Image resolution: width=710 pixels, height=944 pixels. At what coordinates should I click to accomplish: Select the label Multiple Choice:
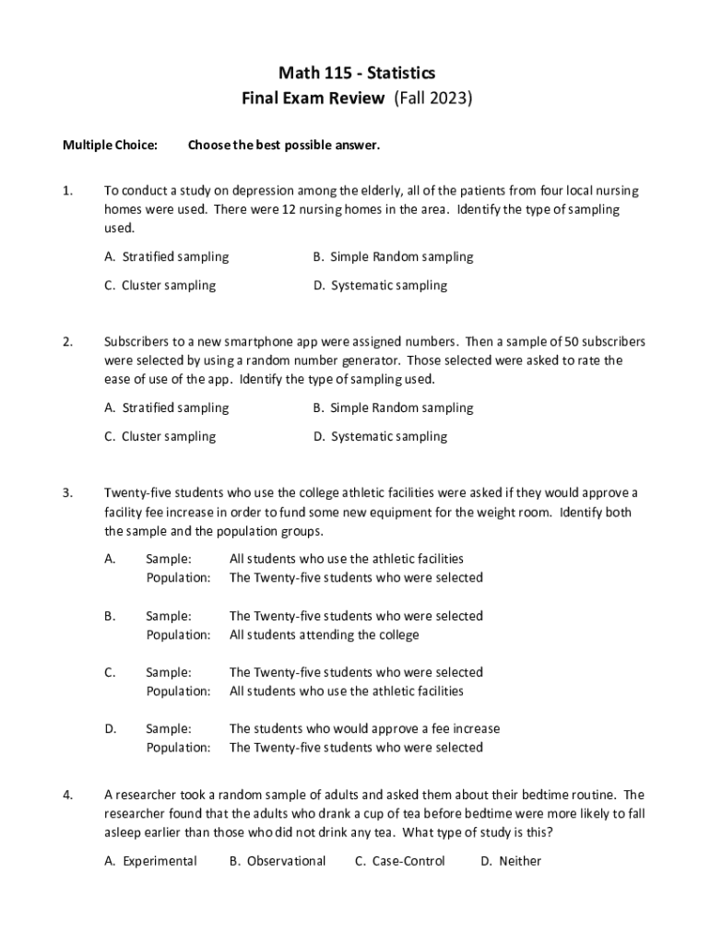click(x=110, y=145)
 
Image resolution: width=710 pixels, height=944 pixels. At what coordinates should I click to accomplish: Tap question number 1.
click(x=66, y=191)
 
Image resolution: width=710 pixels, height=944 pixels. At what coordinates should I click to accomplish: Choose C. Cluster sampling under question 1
click(x=160, y=286)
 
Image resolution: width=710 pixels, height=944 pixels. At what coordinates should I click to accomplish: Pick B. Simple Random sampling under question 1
click(x=393, y=257)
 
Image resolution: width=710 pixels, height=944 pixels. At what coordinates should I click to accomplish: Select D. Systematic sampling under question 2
click(x=380, y=437)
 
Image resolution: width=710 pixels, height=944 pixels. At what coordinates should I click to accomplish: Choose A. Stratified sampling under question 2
click(x=166, y=407)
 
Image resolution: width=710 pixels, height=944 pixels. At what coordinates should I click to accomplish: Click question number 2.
click(x=67, y=342)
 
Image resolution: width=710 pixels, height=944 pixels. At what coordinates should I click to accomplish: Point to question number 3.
click(x=67, y=492)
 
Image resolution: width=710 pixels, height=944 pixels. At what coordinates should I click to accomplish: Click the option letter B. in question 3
click(x=110, y=615)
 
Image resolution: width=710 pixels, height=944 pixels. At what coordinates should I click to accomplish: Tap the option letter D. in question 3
click(x=110, y=728)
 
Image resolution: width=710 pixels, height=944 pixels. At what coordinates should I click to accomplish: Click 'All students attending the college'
click(x=324, y=634)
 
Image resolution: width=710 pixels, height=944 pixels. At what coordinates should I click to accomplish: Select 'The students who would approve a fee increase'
click(x=364, y=728)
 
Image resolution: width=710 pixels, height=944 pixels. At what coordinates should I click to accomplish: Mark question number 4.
click(x=67, y=795)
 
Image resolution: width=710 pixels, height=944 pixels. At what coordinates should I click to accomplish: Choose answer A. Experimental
click(x=150, y=861)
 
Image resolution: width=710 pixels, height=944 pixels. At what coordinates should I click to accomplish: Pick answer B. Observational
click(x=278, y=861)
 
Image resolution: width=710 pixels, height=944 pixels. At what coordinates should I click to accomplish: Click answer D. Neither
click(x=511, y=861)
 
